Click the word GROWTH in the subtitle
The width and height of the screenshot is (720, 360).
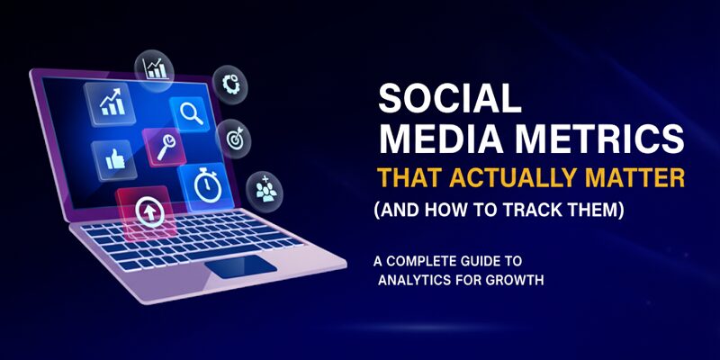pos(513,279)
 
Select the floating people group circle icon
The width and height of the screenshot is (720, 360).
pos(265,189)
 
